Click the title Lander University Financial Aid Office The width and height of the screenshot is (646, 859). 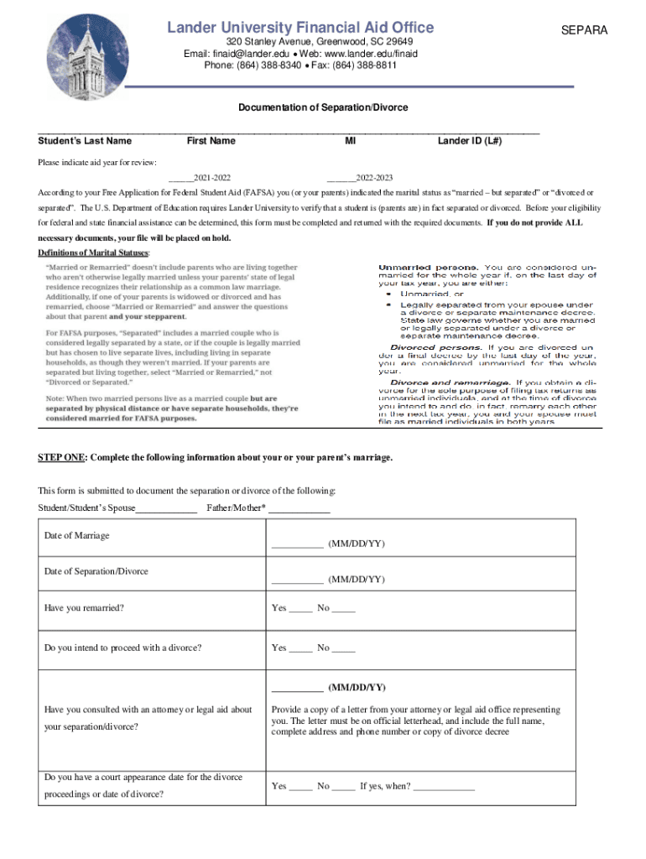300,28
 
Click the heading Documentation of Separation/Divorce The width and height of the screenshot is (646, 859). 323,107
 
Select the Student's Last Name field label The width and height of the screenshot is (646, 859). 85,141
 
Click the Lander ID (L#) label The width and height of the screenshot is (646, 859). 470,141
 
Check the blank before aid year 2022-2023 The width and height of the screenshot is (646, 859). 340,179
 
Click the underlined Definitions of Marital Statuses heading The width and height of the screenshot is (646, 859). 94,252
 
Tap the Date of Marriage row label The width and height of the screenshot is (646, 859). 77,535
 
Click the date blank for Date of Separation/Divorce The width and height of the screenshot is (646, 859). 297,580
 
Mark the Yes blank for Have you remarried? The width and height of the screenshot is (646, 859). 300,608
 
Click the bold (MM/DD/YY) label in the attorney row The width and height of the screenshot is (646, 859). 357,687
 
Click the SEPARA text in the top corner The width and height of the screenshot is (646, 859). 584,31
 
